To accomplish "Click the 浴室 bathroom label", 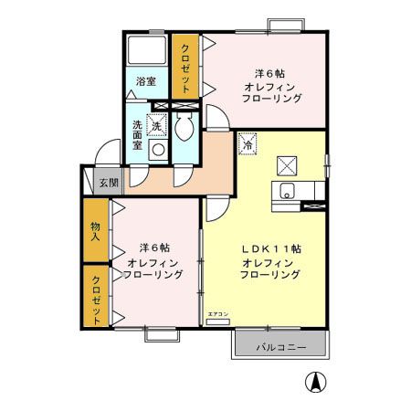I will pos(145,82).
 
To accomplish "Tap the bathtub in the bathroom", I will pos(145,50).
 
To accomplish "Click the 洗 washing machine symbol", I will pos(157,125).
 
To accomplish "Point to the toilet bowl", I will pos(184,128).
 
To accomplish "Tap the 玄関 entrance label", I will pos(108,183).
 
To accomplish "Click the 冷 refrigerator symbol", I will pos(248,143).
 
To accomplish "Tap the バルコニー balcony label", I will pos(279,346).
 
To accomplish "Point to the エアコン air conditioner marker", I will pos(218,316).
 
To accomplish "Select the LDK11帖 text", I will pos(272,248).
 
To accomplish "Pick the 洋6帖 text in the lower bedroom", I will pos(154,248).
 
